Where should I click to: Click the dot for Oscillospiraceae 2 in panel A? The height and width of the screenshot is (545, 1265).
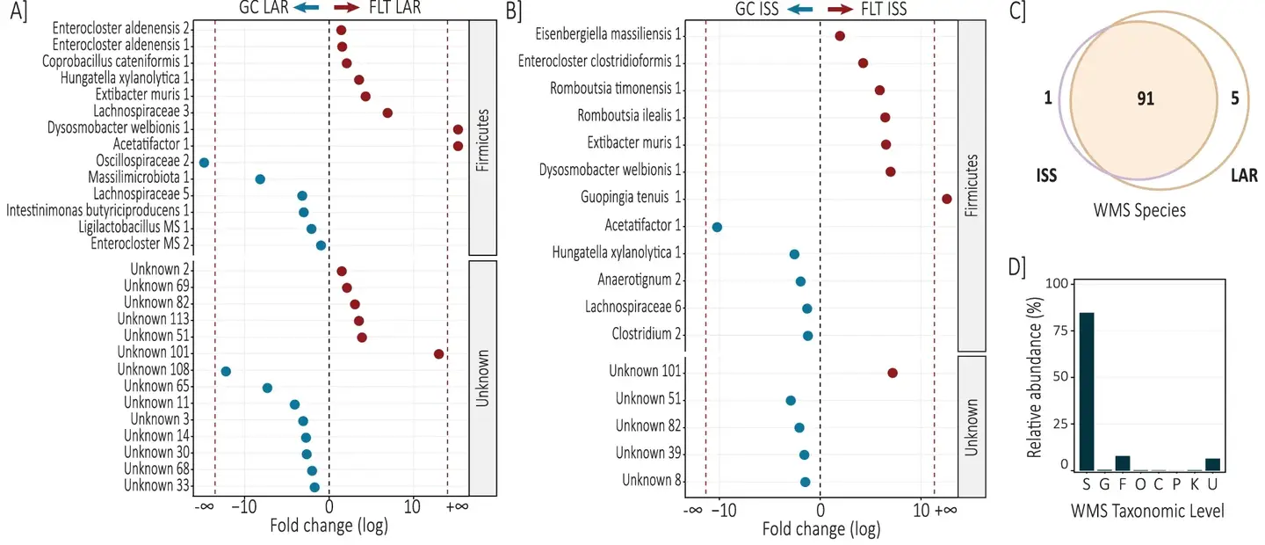pos(205,163)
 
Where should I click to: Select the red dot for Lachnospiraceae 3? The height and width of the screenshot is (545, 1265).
pos(387,113)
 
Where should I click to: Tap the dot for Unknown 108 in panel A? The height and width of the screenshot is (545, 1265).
pos(226,371)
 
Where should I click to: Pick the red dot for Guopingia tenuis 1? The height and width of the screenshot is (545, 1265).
pos(947,199)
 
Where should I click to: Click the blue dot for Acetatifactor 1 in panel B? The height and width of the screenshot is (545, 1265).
pos(717,227)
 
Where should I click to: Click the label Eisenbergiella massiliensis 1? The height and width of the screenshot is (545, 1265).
pos(610,34)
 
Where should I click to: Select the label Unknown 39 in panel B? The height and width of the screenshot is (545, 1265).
pos(650,454)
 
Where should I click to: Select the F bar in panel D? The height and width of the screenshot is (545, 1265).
pos(1123,463)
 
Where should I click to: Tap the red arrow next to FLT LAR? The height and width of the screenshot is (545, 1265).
pos(351,9)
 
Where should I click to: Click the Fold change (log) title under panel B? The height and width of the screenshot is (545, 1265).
pos(820,530)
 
